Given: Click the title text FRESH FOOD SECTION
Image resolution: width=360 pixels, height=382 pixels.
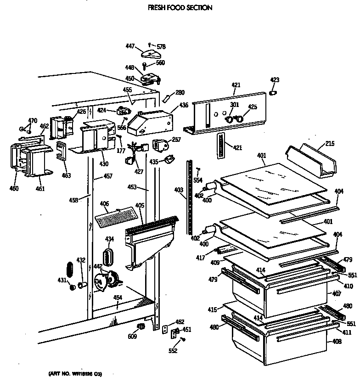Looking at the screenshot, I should pos(180,8).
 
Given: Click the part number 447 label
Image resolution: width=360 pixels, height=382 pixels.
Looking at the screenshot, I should pos(131,46).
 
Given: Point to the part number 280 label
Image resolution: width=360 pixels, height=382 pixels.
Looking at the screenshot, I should pos(180,93).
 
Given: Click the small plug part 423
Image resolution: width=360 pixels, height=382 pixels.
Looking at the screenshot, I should pos(274,94).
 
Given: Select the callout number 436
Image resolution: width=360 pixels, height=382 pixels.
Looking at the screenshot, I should pos(184,105).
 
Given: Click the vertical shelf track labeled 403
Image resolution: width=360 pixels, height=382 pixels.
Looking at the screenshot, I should pos(189,197).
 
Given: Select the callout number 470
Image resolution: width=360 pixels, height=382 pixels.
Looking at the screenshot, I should pos(32,121).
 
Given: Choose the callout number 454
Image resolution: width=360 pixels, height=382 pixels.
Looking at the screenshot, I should pos(118,298).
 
